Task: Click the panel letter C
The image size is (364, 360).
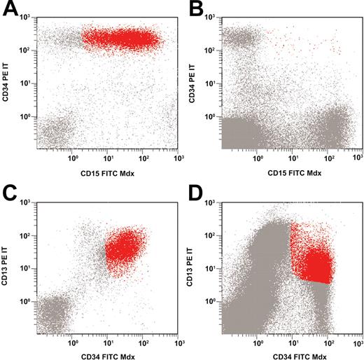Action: coord(10,191)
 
